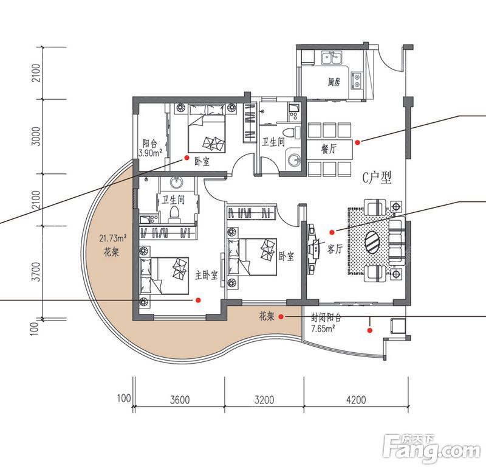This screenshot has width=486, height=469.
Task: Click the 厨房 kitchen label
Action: (x=334, y=82)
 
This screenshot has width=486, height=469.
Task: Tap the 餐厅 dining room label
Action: (x=329, y=149)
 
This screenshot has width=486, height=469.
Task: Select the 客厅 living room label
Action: (x=335, y=249)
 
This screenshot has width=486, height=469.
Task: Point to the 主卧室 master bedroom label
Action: (x=207, y=275)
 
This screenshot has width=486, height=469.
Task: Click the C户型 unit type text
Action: (x=377, y=178)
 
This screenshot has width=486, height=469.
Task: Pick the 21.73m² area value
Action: (x=113, y=238)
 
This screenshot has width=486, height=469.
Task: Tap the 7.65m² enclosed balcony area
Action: (x=323, y=328)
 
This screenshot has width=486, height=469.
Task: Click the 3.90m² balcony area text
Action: (x=151, y=153)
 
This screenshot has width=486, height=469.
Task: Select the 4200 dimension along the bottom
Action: (x=356, y=400)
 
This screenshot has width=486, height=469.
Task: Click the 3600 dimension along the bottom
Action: (x=180, y=400)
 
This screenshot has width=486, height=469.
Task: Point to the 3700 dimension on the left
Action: (x=37, y=271)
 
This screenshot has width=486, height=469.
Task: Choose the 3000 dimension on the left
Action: (x=37, y=136)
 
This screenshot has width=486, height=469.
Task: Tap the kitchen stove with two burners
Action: (x=357, y=80)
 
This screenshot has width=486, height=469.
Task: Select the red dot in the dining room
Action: (x=357, y=142)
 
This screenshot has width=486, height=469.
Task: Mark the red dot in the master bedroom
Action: (x=198, y=300)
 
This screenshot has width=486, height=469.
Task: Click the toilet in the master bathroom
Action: (x=174, y=214)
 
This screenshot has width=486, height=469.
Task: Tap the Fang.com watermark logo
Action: (x=432, y=449)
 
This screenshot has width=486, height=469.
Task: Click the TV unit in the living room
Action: (x=313, y=248)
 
